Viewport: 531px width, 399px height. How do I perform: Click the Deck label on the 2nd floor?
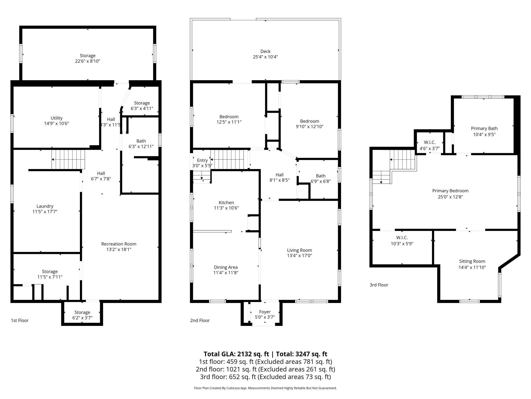click(x=265, y=51)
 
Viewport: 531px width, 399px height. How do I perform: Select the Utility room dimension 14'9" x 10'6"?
click(x=56, y=124)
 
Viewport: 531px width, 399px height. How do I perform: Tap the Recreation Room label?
click(x=119, y=244)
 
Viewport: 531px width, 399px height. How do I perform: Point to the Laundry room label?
click(x=45, y=206)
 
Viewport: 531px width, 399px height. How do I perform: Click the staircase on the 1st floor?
click(x=68, y=159)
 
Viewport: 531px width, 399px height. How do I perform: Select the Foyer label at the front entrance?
click(x=265, y=312)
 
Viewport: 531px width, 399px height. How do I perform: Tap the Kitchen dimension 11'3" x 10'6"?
click(x=226, y=208)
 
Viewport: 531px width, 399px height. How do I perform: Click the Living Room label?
click(x=299, y=250)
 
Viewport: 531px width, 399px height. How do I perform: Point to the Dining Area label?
click(x=226, y=267)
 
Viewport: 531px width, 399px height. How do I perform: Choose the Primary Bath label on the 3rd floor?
click(x=484, y=128)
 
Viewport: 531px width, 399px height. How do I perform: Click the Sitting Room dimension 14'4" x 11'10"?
click(x=472, y=267)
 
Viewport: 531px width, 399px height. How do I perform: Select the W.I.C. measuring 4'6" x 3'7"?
click(x=430, y=145)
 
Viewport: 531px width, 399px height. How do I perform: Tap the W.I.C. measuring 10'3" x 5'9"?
click(x=402, y=240)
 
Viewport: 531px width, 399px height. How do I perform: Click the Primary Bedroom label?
click(x=450, y=191)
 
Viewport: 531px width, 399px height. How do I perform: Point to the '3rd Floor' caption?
click(x=379, y=285)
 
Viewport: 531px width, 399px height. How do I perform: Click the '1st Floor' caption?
click(x=20, y=320)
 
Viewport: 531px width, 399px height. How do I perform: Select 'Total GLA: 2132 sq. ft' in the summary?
click(x=236, y=354)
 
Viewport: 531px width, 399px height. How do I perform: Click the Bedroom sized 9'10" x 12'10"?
click(x=309, y=124)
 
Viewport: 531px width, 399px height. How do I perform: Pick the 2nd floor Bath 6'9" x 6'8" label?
click(x=321, y=178)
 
